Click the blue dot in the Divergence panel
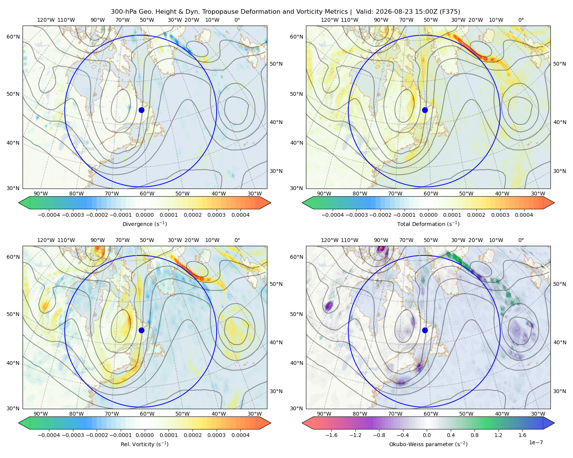pos(141,110)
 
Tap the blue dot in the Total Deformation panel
pos(425,110)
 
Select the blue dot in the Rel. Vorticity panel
pos(141,330)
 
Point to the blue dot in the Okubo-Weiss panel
pos(425,330)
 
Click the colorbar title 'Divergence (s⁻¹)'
pos(144,224)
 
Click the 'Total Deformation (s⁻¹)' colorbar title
pos(428,224)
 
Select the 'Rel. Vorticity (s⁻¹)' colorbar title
pos(144,444)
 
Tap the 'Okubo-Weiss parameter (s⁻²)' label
pos(428,444)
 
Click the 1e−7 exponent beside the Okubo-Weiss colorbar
pos(536,442)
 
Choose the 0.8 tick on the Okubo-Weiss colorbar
pos(474,435)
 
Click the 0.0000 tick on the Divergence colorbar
pos(144,215)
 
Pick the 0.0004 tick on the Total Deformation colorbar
pos(524,215)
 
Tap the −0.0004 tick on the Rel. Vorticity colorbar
pos(49,435)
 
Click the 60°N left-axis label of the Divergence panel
pos(13,37)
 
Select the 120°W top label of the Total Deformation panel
pos(329,20)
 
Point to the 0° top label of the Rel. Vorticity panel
pos(237,240)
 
